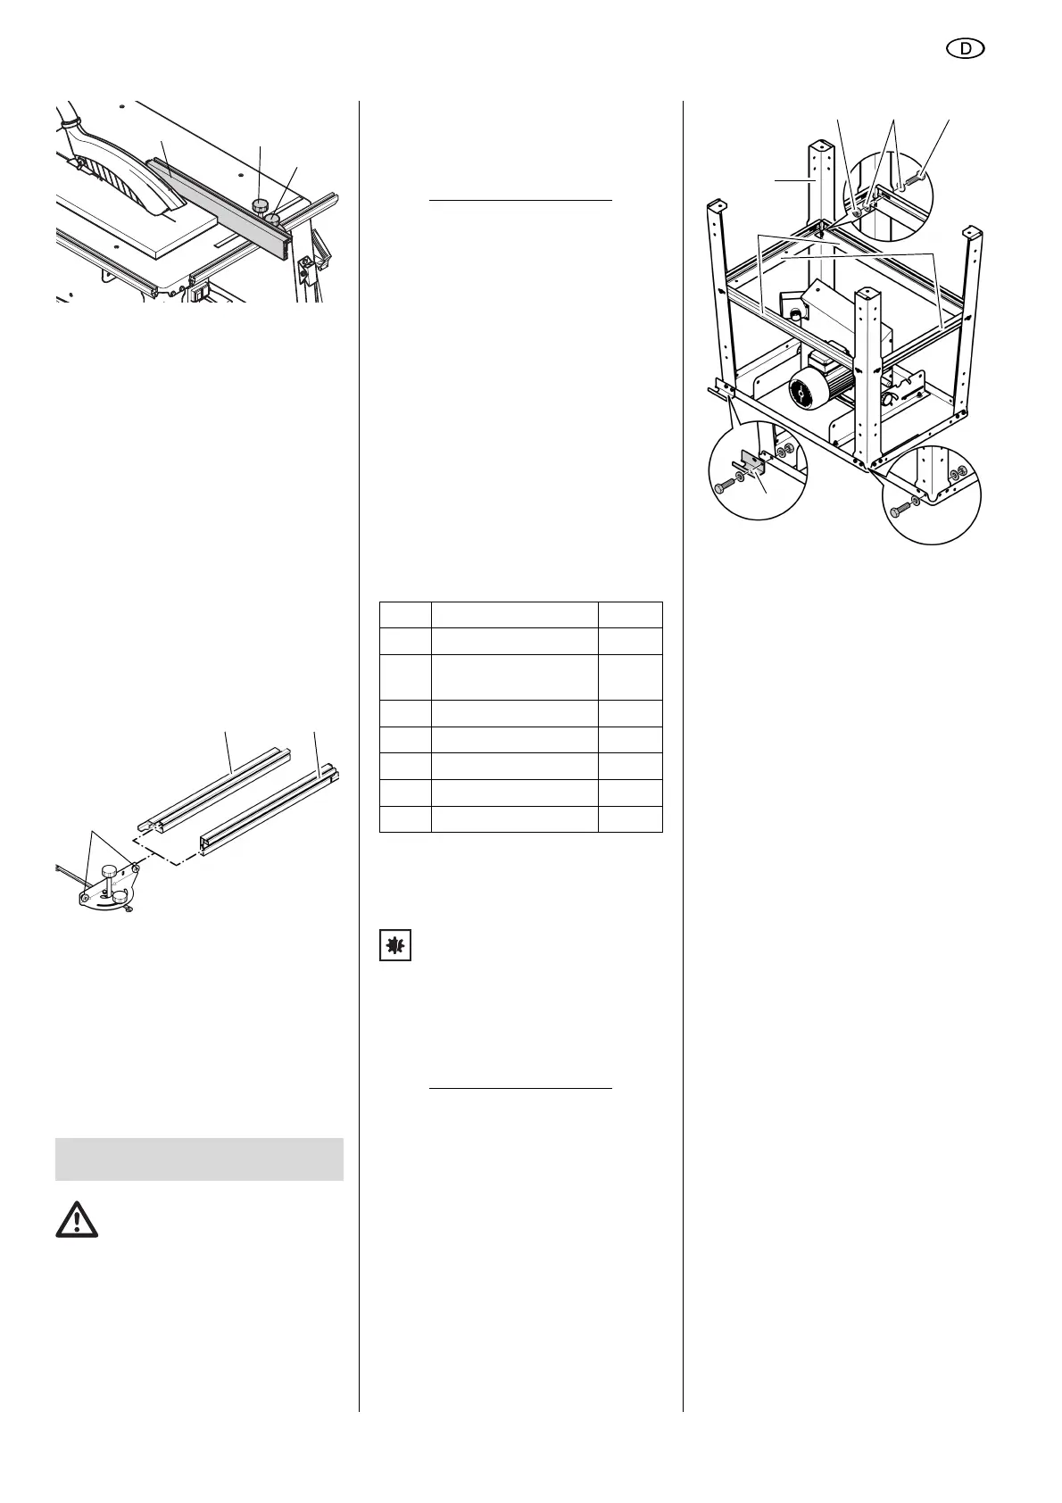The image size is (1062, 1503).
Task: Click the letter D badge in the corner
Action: click(x=966, y=50)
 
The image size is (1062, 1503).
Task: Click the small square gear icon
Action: click(x=395, y=945)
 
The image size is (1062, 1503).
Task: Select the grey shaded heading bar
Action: click(x=199, y=1158)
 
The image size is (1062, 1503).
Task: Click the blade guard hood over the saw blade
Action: click(x=116, y=161)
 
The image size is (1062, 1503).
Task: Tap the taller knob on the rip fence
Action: click(x=261, y=206)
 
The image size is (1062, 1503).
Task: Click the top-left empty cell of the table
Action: click(x=405, y=615)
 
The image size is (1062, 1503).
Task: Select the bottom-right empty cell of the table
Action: click(x=629, y=819)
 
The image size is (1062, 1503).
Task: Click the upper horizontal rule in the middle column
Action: click(x=520, y=202)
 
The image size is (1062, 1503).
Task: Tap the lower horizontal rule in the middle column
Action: click(x=520, y=1088)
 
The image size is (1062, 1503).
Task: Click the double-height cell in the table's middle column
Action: click(x=514, y=677)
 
